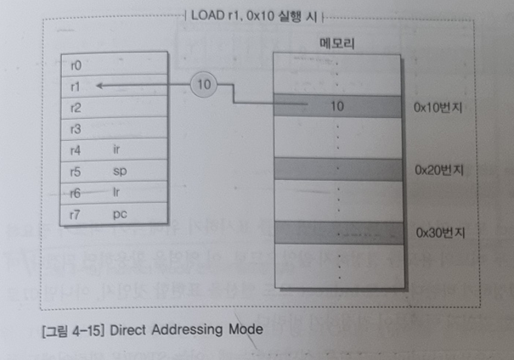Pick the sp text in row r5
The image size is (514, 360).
pyautogui.click(x=120, y=172)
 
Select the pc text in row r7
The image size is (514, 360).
pyautogui.click(x=120, y=214)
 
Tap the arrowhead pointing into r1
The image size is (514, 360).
pyautogui.click(x=100, y=86)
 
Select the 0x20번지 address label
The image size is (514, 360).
pyautogui.click(x=438, y=169)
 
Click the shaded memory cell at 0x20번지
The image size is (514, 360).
pyautogui.click(x=338, y=168)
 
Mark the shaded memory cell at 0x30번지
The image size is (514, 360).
pyautogui.click(x=338, y=230)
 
